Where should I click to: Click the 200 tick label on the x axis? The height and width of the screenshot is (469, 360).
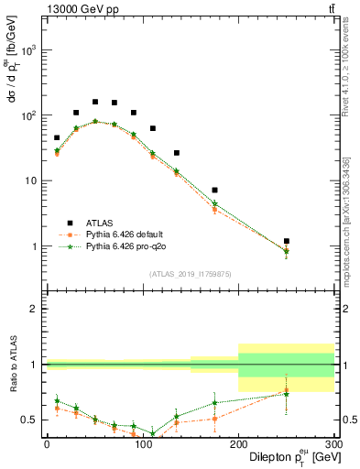238,444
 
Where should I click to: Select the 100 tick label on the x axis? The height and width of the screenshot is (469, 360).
142,444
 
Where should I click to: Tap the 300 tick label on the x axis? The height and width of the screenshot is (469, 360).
333,444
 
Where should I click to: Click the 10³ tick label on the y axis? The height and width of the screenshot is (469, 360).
29,51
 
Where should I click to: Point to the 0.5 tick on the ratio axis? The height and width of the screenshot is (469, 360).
31,420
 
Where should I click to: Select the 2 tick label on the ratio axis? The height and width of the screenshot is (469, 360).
35,309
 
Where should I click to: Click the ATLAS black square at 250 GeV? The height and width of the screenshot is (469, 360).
287,241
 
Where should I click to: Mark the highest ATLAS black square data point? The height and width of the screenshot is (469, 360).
94,102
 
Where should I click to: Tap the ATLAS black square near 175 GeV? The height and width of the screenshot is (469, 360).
214,191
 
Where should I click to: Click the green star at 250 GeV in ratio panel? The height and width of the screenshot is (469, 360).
287,394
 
